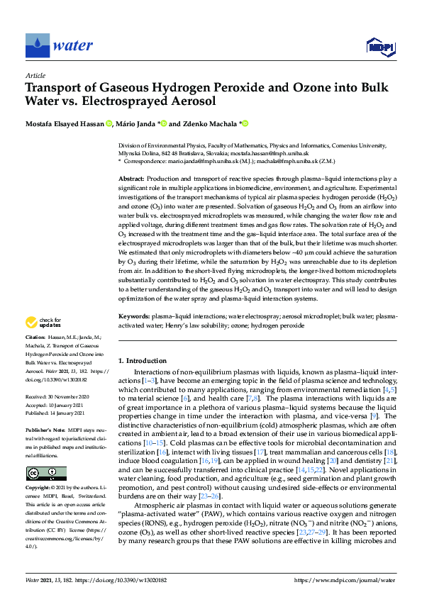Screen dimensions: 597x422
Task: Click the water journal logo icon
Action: [36, 46]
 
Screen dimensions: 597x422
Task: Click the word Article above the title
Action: [35, 75]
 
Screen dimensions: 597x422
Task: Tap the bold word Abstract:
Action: [133, 179]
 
